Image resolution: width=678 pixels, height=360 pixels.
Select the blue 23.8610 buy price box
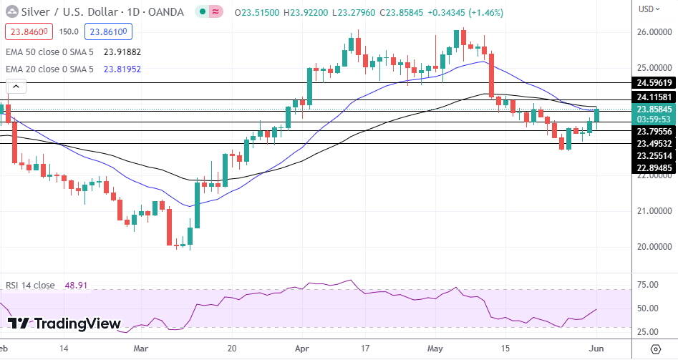click(x=107, y=31)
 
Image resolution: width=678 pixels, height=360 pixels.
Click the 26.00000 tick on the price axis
click(x=652, y=32)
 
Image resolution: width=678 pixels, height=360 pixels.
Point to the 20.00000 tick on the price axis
click(x=652, y=246)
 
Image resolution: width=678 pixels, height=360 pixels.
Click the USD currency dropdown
click(x=649, y=9)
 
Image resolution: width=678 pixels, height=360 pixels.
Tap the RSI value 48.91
click(x=76, y=285)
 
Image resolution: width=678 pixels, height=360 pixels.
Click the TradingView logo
click(x=64, y=323)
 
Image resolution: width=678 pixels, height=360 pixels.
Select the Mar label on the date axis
click(x=142, y=349)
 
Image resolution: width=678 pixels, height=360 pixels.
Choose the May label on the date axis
click(x=436, y=349)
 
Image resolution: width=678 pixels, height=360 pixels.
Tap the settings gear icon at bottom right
click(x=655, y=349)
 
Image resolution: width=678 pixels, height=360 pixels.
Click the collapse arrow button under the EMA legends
click(x=16, y=87)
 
